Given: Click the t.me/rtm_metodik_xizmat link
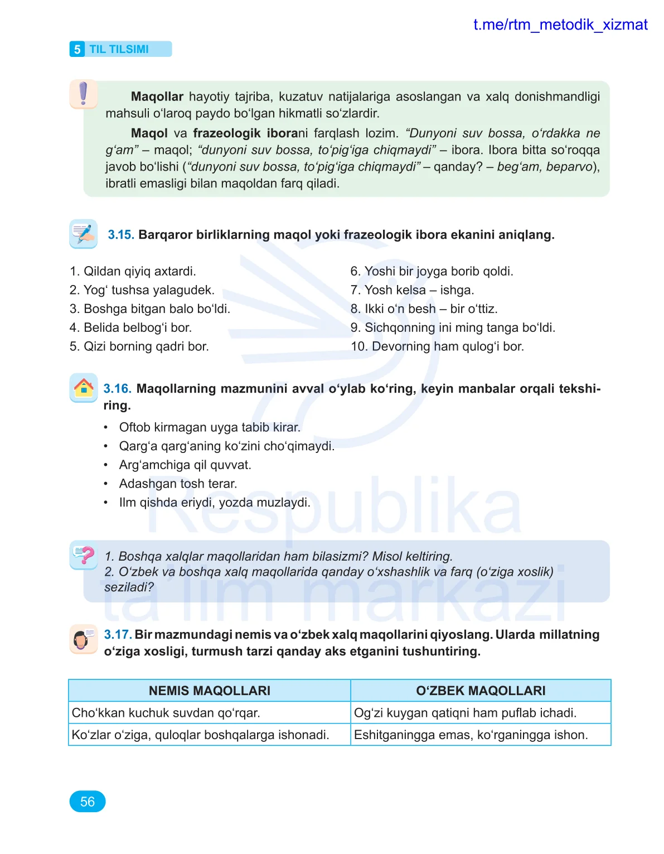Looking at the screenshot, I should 560,25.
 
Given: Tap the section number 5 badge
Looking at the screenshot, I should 77,49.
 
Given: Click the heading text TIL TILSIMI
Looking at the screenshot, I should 119,49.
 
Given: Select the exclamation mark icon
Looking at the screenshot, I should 84,94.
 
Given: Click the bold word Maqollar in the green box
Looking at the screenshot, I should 157,97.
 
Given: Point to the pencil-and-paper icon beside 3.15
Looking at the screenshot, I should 84,234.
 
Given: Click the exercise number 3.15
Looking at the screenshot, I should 120,235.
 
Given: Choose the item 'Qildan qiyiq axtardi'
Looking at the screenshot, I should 133,271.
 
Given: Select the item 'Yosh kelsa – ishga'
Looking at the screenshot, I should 412,290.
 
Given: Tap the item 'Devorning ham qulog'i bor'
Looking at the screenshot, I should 437,346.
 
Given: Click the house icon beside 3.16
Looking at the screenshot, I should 84,387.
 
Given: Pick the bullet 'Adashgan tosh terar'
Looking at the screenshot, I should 178,484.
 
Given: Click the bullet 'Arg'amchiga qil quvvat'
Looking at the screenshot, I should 185,465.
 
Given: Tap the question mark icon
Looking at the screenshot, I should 84,554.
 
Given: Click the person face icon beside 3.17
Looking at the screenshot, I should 83,639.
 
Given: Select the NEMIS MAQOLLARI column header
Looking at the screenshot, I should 209,691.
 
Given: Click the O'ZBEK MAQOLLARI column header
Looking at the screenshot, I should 481,691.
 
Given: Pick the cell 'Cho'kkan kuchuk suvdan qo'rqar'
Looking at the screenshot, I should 166,713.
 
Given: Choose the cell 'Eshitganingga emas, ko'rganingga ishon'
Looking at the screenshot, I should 471,735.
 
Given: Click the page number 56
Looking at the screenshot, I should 88,802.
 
